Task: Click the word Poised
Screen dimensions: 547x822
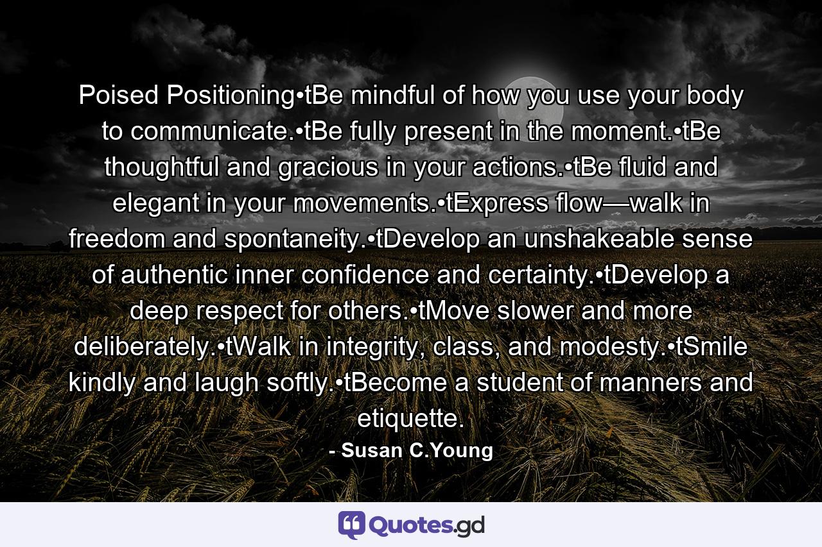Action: [x=119, y=96]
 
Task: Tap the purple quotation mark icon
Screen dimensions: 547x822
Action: [x=352, y=525]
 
